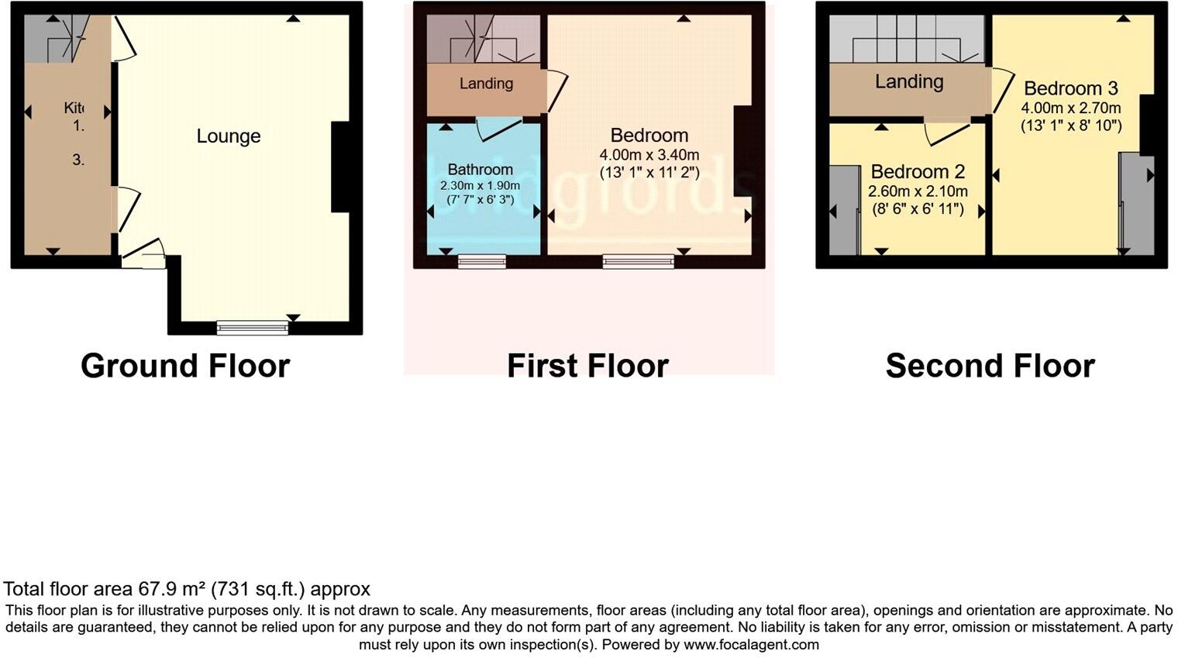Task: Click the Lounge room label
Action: click(x=228, y=136)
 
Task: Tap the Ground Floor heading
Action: click(x=185, y=366)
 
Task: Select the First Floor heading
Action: click(x=587, y=366)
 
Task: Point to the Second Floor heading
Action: click(x=990, y=366)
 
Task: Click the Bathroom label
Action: click(x=480, y=169)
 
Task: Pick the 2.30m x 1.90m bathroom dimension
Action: click(x=480, y=186)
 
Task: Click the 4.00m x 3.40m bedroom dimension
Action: click(x=649, y=155)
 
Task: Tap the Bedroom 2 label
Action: click(x=918, y=171)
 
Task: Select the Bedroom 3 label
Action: click(x=1071, y=88)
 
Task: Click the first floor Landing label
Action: click(x=486, y=84)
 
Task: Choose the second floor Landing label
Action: click(x=909, y=81)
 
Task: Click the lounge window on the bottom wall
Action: click(x=252, y=329)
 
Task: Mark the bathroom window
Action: click(x=481, y=262)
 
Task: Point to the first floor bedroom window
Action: click(x=638, y=262)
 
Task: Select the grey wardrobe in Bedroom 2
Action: click(x=842, y=210)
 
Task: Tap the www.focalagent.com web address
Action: click(x=750, y=644)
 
